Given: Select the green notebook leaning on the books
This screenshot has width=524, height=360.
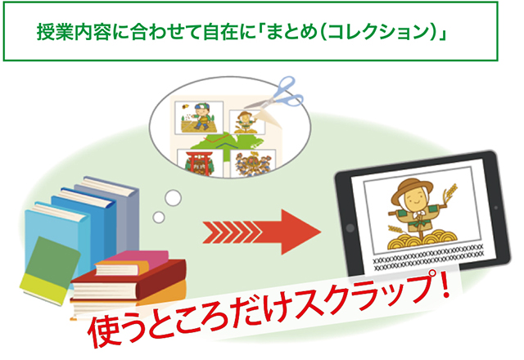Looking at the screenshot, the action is click(x=50, y=271).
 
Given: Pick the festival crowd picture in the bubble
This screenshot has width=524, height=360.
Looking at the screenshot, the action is click(x=253, y=164).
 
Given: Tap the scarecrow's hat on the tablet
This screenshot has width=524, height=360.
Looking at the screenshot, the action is click(x=411, y=189).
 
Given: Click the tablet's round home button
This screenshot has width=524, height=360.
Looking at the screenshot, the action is click(x=350, y=228).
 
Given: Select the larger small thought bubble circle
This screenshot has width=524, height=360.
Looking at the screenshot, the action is click(x=173, y=198).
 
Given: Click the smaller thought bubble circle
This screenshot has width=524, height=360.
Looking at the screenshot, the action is click(x=159, y=218).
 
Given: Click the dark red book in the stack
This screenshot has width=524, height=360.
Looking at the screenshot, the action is click(x=129, y=281).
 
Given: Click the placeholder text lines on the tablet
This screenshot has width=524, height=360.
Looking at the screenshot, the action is click(x=427, y=258).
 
